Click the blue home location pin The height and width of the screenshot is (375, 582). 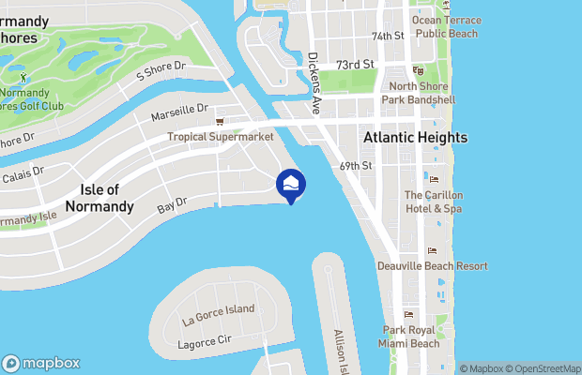click(291, 185)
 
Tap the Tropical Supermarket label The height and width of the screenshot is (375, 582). click(221, 137)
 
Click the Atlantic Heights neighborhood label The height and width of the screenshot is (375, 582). click(415, 138)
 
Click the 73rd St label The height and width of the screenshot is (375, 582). click(356, 65)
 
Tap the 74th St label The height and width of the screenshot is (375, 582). click(387, 37)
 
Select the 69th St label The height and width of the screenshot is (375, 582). click(357, 166)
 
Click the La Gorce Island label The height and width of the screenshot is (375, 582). click(219, 310)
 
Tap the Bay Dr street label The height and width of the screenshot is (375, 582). click(173, 203)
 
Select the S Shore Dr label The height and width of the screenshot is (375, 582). click(162, 72)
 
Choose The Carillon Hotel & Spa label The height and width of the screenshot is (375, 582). click(433, 202)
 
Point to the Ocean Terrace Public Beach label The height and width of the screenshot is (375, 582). click(447, 26)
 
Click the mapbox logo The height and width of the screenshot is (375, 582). click(41, 363)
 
